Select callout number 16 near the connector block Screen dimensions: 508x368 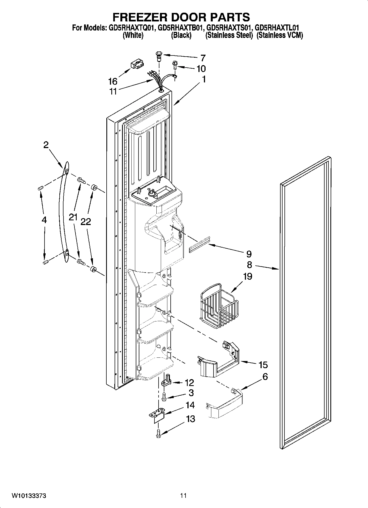tap(113, 81)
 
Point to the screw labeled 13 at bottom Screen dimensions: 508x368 tap(159, 433)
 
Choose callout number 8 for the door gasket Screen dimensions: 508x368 tap(249, 265)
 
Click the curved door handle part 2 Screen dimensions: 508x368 tap(63, 213)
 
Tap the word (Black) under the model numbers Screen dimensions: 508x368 tap(181, 35)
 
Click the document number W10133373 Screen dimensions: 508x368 tap(29, 496)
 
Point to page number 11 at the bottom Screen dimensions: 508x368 tap(183, 496)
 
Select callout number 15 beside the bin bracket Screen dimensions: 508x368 tap(263, 365)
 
